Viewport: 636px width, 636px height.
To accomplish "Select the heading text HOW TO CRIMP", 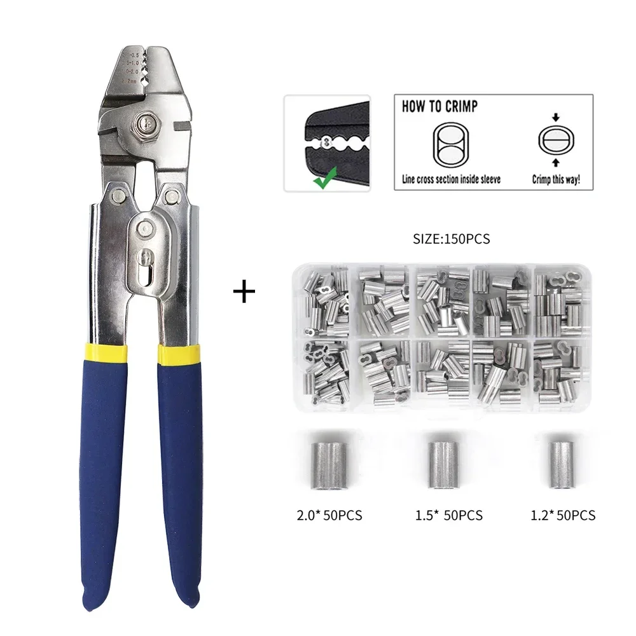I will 439,106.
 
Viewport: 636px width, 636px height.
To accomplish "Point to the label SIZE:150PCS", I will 452,240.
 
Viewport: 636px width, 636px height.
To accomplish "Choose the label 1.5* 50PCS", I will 448,515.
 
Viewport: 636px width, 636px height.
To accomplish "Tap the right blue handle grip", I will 181,477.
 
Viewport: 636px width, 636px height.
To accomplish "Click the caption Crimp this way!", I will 556,179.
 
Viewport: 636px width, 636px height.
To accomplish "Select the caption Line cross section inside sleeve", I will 451,179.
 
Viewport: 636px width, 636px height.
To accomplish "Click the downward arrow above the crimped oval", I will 555,117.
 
